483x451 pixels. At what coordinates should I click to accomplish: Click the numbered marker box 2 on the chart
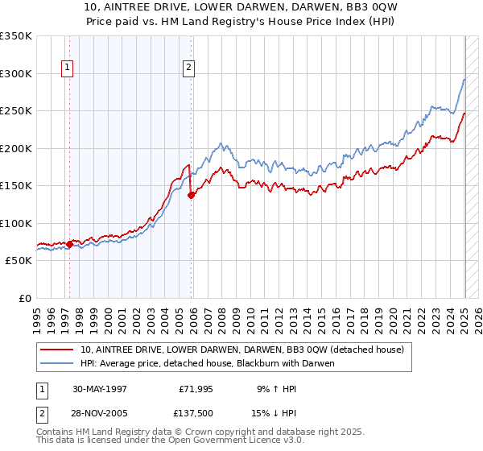(x=188, y=68)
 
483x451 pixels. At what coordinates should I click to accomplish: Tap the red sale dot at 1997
(x=69, y=244)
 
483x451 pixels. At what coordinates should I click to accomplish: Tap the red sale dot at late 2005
(x=192, y=195)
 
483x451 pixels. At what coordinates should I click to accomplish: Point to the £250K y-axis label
(x=16, y=111)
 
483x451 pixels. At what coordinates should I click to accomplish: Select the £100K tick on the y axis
(x=16, y=223)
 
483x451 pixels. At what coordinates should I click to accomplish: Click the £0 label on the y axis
(x=24, y=298)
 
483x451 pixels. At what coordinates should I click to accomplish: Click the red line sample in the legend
(x=58, y=350)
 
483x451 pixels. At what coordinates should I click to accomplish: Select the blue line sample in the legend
(x=58, y=363)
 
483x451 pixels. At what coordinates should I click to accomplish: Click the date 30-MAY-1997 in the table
(x=100, y=389)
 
